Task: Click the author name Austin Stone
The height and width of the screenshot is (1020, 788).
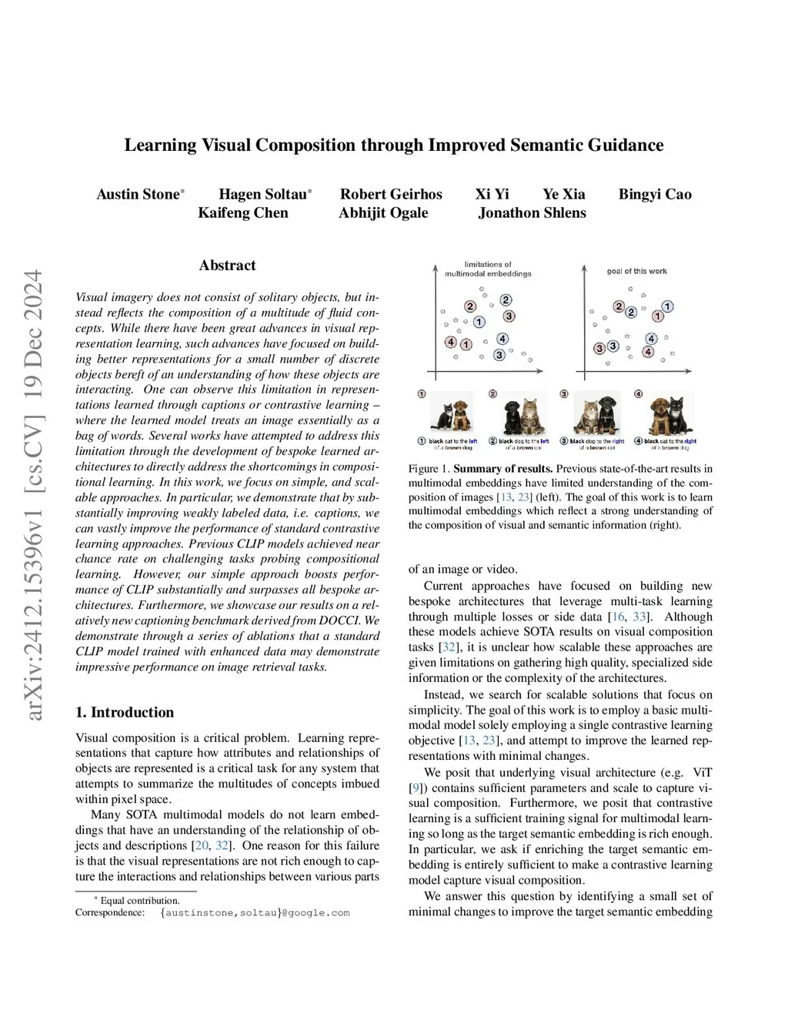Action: point(138,194)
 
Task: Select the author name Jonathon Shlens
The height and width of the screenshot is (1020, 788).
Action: point(532,213)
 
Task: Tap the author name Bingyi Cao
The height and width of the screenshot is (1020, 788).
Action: point(655,194)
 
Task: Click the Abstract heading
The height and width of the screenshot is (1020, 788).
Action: point(227,266)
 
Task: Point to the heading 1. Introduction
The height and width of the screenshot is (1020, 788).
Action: point(125,712)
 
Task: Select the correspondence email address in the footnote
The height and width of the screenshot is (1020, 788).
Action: point(255,913)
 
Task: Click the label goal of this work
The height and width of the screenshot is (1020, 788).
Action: point(636,271)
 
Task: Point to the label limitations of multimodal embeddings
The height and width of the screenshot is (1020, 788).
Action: point(488,269)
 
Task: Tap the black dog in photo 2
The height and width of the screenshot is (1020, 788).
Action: point(513,416)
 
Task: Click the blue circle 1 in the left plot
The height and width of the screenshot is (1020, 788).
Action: point(479,322)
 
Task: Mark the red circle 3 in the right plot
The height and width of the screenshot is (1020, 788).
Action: point(599,348)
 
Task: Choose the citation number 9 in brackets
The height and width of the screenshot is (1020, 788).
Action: point(416,788)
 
